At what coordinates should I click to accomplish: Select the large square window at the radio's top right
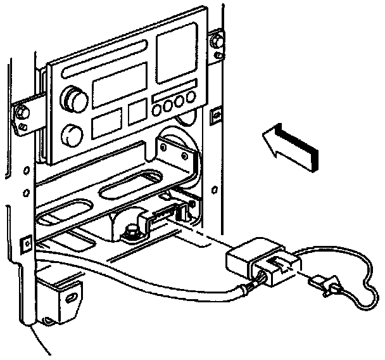[177, 47]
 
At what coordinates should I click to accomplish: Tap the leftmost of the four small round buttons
[158, 109]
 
